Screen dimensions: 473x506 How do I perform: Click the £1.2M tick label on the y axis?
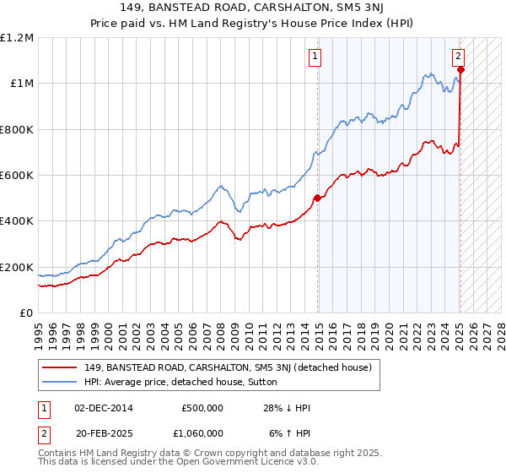tap(17, 38)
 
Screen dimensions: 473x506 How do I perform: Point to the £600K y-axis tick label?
tap(17, 176)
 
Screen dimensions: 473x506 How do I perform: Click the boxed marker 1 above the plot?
tap(315, 57)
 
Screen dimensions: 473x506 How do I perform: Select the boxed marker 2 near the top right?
tap(458, 57)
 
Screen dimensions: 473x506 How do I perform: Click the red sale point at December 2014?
tap(318, 198)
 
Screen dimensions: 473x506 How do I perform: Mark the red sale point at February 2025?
tap(460, 70)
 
